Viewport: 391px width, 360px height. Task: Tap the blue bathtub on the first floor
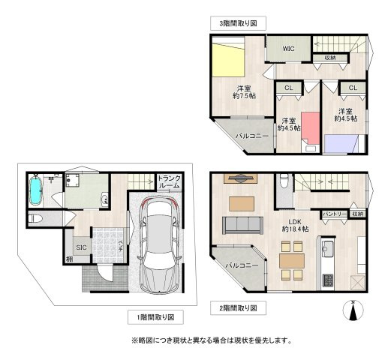[35, 190]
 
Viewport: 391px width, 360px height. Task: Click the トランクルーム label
[168, 181]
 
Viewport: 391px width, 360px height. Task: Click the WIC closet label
[288, 49]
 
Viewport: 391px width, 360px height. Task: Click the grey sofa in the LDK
[241, 224]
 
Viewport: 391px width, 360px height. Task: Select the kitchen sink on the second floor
[327, 248]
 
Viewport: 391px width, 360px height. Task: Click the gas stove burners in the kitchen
[328, 280]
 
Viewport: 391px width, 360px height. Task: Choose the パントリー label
[334, 214]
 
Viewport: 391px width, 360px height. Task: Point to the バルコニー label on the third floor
[251, 136]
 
